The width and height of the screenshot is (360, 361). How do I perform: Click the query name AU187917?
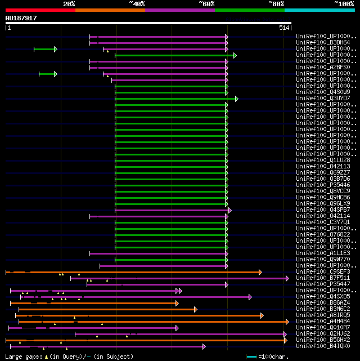[x=21, y=18]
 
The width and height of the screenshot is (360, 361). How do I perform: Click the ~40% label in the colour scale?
[x=137, y=4]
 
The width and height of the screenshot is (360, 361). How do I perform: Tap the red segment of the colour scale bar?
[x=40, y=10]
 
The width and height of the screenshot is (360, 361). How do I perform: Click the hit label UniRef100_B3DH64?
[x=323, y=42]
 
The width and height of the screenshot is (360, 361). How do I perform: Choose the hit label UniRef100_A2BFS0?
[x=323, y=67]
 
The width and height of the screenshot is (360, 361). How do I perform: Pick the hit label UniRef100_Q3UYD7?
[x=323, y=98]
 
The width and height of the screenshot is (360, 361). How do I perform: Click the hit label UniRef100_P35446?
[x=323, y=185]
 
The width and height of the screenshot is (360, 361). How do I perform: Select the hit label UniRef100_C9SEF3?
[x=323, y=271]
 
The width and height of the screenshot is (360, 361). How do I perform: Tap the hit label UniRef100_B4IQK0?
[x=323, y=346]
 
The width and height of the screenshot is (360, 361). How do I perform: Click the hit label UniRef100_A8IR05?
[x=323, y=315]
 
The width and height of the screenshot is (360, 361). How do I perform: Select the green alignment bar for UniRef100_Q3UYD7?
[x=174, y=99]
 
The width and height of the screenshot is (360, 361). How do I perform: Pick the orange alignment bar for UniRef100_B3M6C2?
[x=107, y=309]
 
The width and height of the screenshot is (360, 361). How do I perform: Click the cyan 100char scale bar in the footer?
[x=251, y=356]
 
